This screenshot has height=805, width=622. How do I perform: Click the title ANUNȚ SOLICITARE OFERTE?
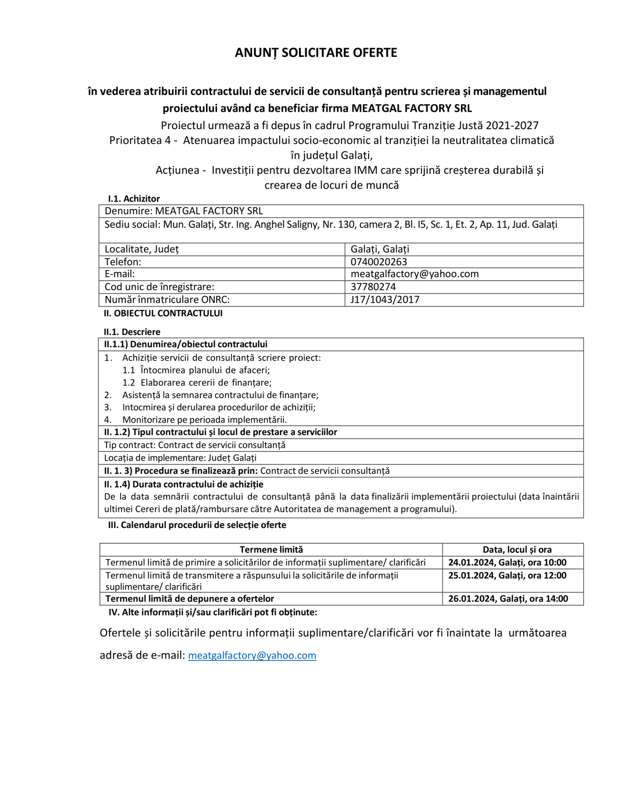316,53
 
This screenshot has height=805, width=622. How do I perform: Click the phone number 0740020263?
379,262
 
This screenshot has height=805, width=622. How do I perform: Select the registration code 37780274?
373,287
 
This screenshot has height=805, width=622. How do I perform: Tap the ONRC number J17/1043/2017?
385,300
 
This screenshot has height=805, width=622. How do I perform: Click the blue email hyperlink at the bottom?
252,655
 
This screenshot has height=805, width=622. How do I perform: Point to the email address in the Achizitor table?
414,274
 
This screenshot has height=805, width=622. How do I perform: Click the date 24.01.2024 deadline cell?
507,562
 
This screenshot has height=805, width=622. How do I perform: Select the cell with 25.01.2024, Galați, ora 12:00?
507,575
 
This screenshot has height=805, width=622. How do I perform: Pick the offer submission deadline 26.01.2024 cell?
508,598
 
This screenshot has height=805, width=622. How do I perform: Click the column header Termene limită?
271,549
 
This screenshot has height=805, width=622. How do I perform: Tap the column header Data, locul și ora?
517,549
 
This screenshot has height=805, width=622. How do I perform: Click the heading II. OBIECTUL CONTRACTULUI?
163,313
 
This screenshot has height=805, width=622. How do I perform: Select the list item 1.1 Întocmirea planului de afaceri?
196,370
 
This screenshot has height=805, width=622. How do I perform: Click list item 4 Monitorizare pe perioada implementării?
204,420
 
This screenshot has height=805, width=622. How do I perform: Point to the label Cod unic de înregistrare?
159,287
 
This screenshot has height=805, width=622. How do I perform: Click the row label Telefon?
123,262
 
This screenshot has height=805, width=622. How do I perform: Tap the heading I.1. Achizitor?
134,198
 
